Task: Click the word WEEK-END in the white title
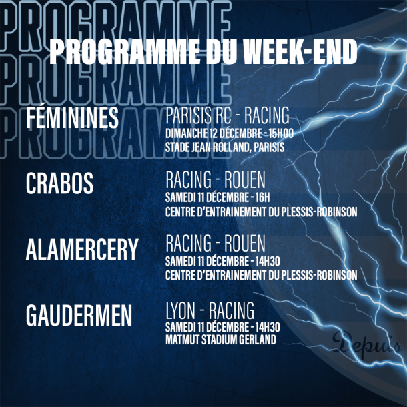(x=301, y=51)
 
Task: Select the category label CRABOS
(x=59, y=183)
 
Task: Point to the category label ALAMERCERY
(x=82, y=249)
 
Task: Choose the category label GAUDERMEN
(x=79, y=315)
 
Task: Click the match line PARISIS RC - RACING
(x=228, y=115)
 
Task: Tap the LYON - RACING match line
(x=210, y=310)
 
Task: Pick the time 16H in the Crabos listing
(x=263, y=197)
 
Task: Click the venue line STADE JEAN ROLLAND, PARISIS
(x=225, y=147)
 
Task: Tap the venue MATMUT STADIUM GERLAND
(x=221, y=340)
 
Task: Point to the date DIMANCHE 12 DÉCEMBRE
(x=214, y=133)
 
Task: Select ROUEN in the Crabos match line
(x=245, y=179)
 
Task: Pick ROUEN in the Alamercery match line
(x=245, y=243)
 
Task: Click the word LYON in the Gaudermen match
(x=180, y=310)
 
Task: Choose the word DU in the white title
(x=222, y=51)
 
